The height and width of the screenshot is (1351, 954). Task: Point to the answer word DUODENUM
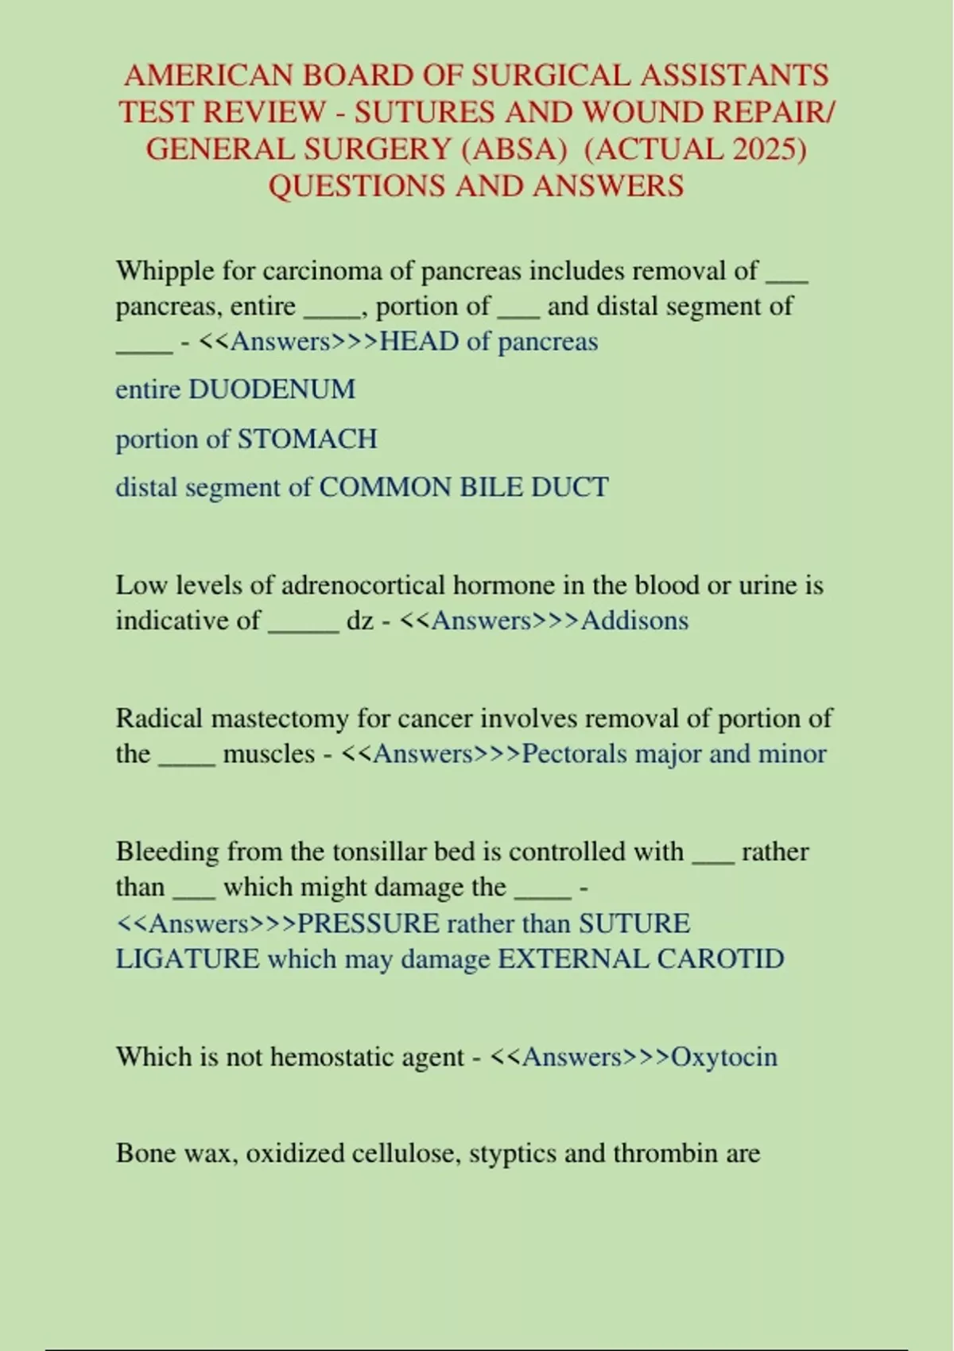(x=271, y=389)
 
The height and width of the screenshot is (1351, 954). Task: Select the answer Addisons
(x=634, y=620)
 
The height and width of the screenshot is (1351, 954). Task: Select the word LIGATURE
(x=188, y=958)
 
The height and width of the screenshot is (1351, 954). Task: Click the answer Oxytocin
(x=724, y=1057)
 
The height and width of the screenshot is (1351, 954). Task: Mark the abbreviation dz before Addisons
(x=359, y=620)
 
